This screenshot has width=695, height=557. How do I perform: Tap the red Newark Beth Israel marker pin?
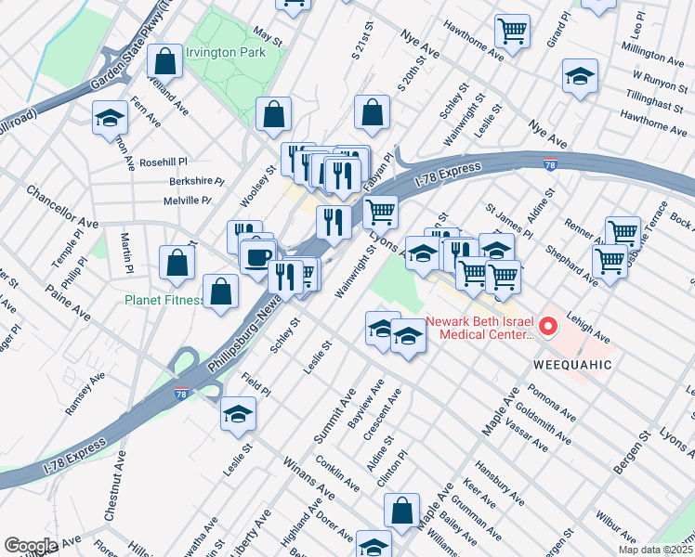pyautogui.click(x=548, y=326)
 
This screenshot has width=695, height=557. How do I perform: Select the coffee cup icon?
pyautogui.click(x=257, y=255)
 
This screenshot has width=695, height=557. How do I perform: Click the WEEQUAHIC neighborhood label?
pyautogui.click(x=572, y=365)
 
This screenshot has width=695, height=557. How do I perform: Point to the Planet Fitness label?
pyautogui.click(x=165, y=300)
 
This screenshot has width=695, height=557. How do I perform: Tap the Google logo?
pyautogui.click(x=31, y=545)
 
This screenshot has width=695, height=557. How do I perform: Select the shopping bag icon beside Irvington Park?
pyautogui.click(x=164, y=62)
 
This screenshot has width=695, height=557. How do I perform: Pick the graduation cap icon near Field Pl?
pyautogui.click(x=238, y=413)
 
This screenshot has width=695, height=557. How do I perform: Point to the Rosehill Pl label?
pyautogui.click(x=164, y=162)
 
